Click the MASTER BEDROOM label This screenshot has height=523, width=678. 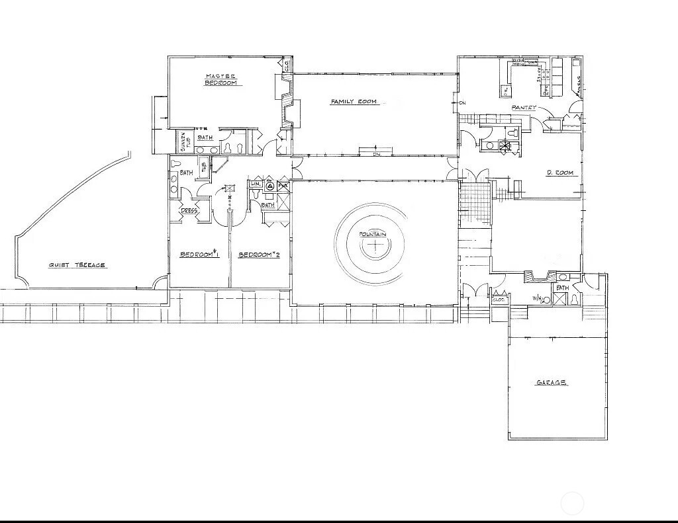(220, 79)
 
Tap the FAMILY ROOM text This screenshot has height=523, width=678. (354, 102)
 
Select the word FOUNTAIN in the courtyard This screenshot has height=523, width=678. (373, 235)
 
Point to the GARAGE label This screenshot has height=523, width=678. (551, 383)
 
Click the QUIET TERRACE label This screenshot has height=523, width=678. (77, 265)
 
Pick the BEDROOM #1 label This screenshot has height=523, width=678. (200, 255)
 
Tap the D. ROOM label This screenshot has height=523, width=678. (560, 173)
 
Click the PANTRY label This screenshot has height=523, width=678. (524, 108)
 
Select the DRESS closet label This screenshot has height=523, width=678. (189, 211)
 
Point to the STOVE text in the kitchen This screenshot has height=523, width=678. (540, 72)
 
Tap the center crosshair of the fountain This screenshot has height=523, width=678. (376, 247)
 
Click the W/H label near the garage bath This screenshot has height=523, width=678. (538, 299)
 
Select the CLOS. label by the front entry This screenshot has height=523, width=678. (499, 300)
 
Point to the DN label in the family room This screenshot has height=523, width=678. (376, 155)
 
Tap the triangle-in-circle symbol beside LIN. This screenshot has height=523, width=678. (269, 186)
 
